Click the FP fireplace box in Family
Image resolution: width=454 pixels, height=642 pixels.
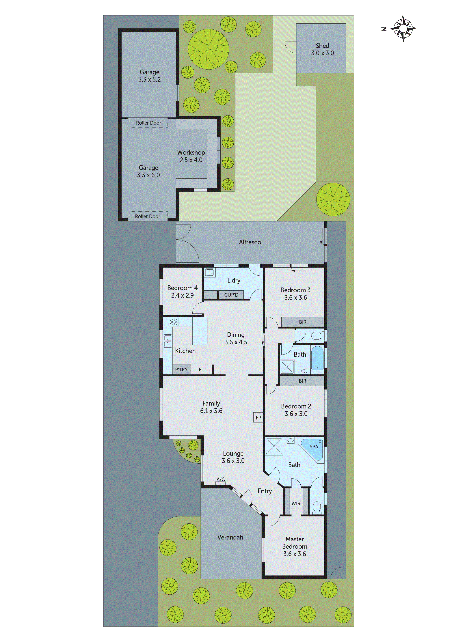[x=258, y=417]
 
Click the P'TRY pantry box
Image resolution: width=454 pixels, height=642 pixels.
[x=181, y=369]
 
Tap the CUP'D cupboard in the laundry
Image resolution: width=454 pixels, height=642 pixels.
[x=231, y=295]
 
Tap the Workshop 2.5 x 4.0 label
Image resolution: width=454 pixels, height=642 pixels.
[x=191, y=156]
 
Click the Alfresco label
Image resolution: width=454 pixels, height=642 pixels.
[x=250, y=242]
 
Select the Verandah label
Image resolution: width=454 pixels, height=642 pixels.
[x=230, y=537]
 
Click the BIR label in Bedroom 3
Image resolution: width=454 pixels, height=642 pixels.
[x=302, y=322]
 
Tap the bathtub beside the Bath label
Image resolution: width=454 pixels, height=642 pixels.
[x=317, y=358]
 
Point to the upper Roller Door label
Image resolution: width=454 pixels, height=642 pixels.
[x=148, y=123]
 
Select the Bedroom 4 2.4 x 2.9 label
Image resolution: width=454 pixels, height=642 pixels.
[x=182, y=291]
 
